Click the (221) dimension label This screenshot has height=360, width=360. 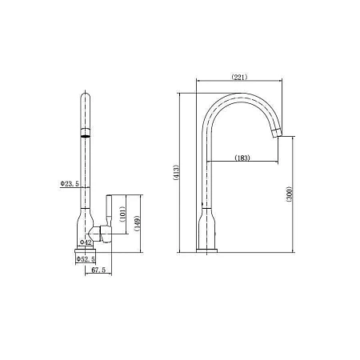click(239, 77)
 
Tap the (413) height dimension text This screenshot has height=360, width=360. click(176, 173)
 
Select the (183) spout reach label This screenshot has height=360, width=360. click(242, 158)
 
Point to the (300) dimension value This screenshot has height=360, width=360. click(290, 194)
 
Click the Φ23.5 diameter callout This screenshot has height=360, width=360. click(70, 184)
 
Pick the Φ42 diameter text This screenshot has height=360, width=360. click(86, 242)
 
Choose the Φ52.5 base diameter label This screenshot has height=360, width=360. click(86, 259)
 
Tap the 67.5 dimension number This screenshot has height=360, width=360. click(98, 270)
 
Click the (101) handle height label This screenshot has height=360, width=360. click(122, 214)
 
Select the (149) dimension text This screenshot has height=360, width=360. click(138, 223)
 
